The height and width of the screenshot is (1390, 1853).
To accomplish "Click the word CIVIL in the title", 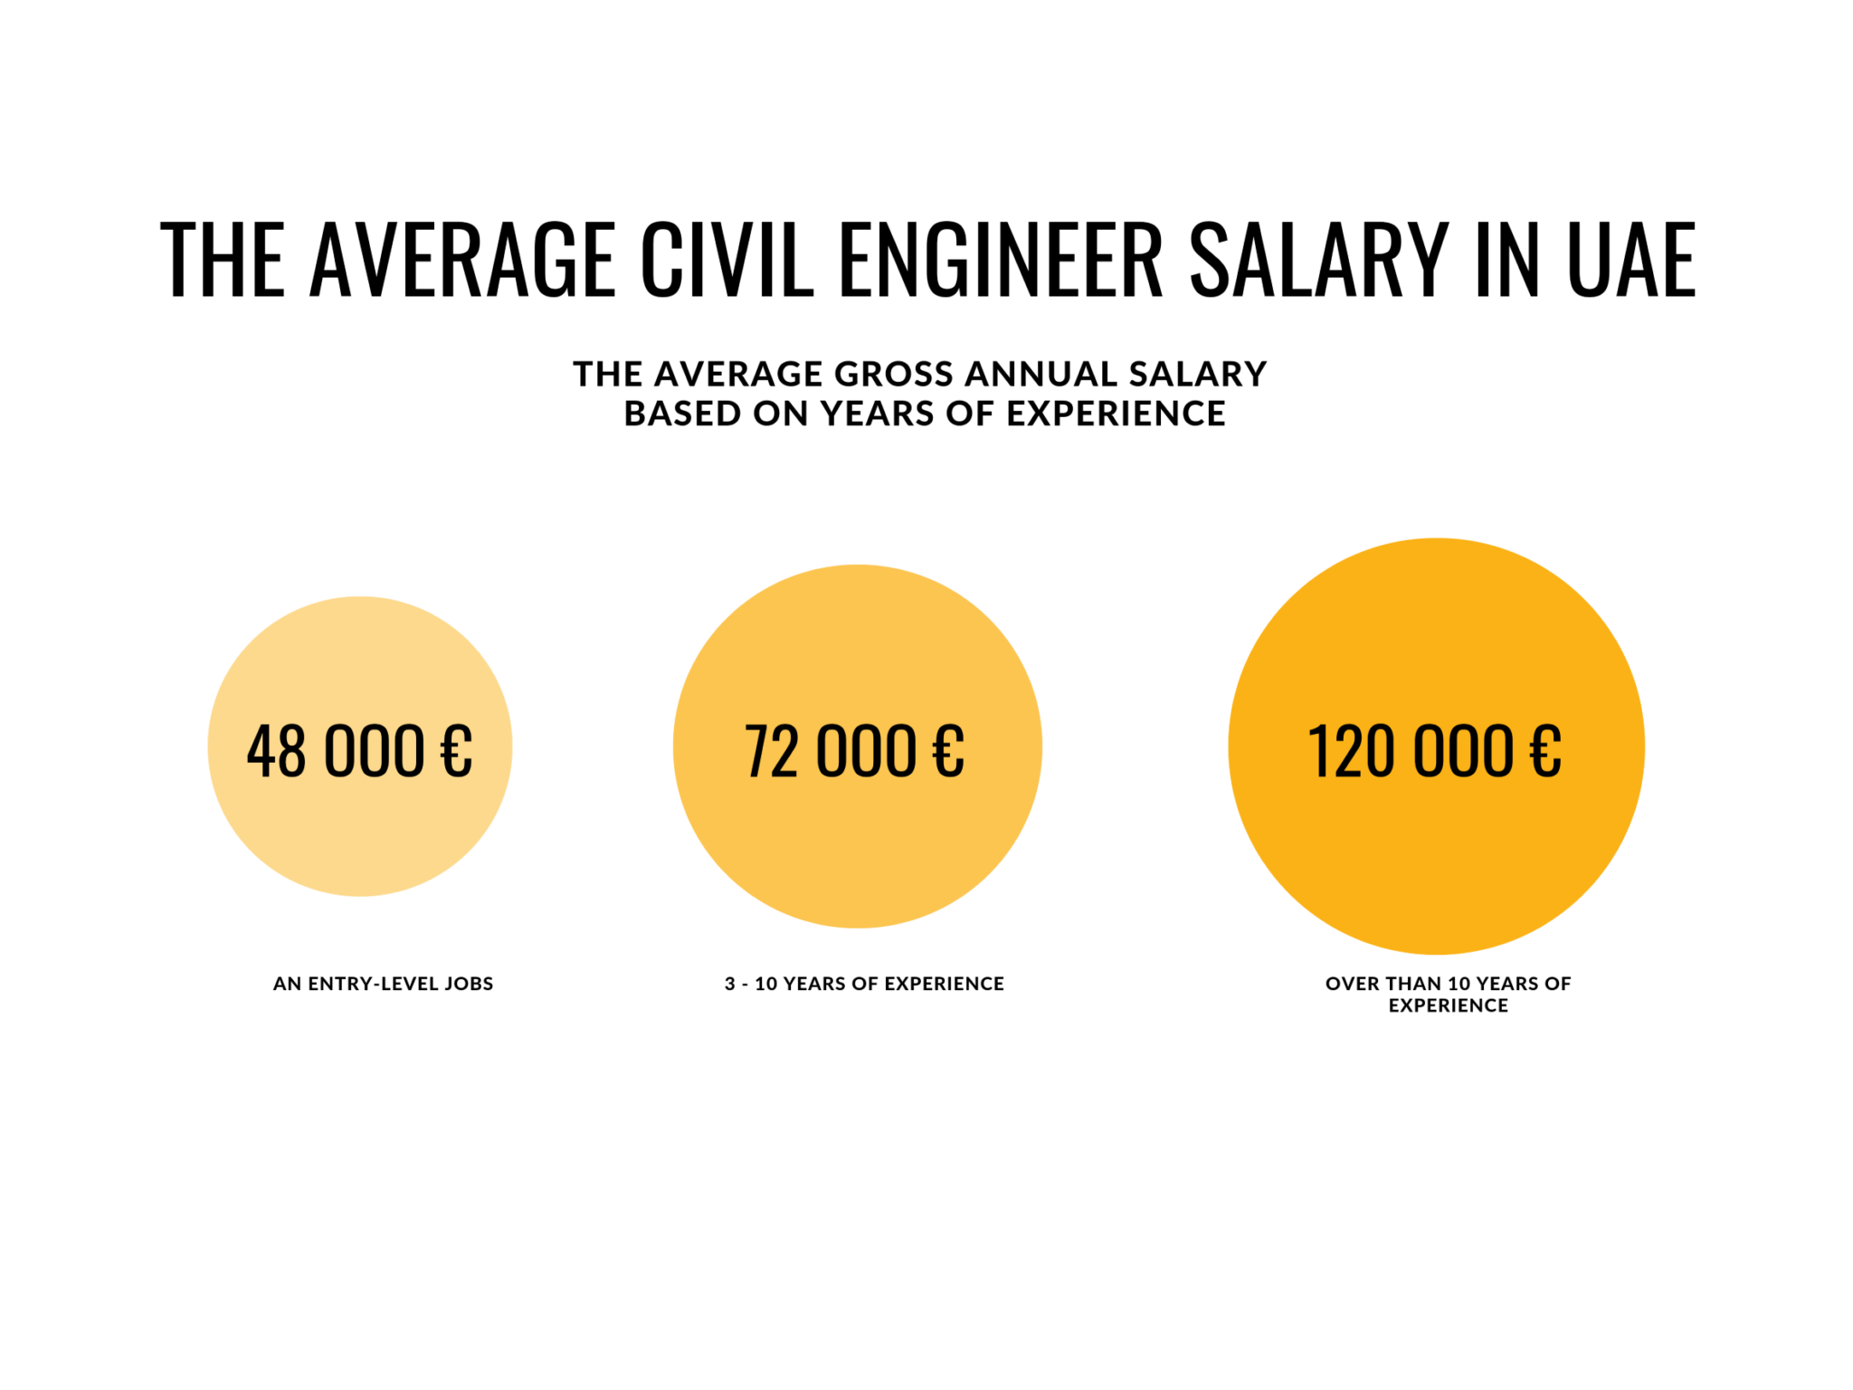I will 727,260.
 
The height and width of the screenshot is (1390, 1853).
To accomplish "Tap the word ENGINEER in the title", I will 1001,260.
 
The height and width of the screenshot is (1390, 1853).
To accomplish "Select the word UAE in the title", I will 1631,260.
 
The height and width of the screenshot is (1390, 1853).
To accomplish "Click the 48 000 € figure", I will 359,751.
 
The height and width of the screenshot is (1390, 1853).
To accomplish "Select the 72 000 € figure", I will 854,751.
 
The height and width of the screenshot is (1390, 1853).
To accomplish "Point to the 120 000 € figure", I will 1435,751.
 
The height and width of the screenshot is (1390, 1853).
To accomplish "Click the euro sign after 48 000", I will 456,751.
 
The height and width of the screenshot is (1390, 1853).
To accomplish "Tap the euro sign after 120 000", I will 1545,751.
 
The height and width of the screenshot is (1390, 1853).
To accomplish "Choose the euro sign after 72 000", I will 948,751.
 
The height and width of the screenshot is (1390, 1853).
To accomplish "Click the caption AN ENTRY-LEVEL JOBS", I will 384,984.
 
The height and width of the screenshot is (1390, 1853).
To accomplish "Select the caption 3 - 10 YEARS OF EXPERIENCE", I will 864,984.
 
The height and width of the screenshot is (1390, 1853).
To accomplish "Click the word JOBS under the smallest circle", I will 469,984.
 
